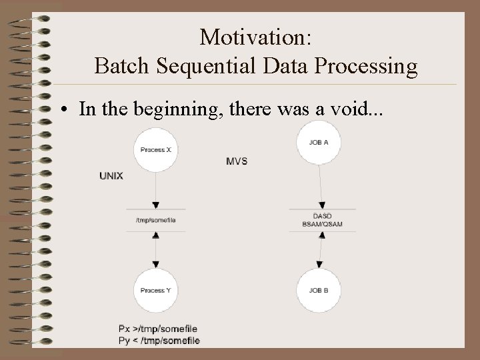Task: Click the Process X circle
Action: (156, 150)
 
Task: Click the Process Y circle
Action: (156, 290)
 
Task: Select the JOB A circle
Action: (319, 141)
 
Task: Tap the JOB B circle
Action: (319, 290)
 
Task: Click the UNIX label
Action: (111, 175)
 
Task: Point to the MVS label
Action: (237, 161)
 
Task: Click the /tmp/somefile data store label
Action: (155, 219)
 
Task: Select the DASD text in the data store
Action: (323, 217)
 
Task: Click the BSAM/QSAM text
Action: (323, 224)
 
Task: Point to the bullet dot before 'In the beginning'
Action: (69, 111)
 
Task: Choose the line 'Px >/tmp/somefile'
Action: (158, 329)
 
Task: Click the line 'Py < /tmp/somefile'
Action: (159, 341)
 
